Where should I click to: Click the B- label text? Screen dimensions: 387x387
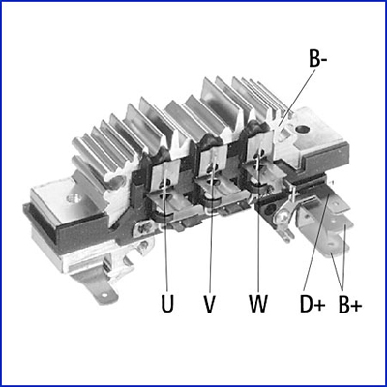(x=317, y=58)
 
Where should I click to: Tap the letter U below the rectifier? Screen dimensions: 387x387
(x=167, y=303)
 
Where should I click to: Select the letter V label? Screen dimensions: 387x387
(x=210, y=304)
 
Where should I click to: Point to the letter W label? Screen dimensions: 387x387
(x=258, y=303)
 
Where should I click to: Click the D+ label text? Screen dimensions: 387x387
(x=312, y=304)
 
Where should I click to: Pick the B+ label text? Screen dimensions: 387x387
(x=350, y=304)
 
